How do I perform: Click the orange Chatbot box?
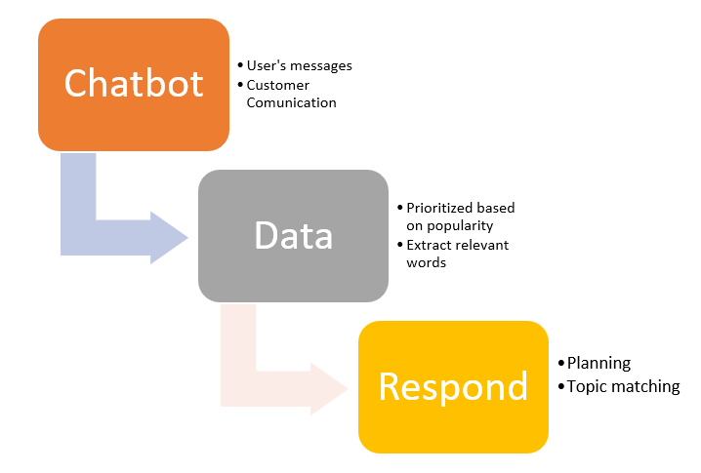134,85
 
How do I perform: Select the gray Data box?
293,236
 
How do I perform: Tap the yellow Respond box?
453,387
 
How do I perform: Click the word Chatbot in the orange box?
134,83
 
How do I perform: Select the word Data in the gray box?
293,235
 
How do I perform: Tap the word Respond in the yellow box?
453,387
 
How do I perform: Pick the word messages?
321,66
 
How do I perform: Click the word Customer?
277,85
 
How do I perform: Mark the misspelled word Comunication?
292,102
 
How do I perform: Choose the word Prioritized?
439,208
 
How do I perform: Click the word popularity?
460,226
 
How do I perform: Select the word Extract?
429,245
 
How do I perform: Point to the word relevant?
482,245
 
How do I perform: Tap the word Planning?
599,364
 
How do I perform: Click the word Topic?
587,387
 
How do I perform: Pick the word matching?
645,387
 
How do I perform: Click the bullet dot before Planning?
561,363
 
